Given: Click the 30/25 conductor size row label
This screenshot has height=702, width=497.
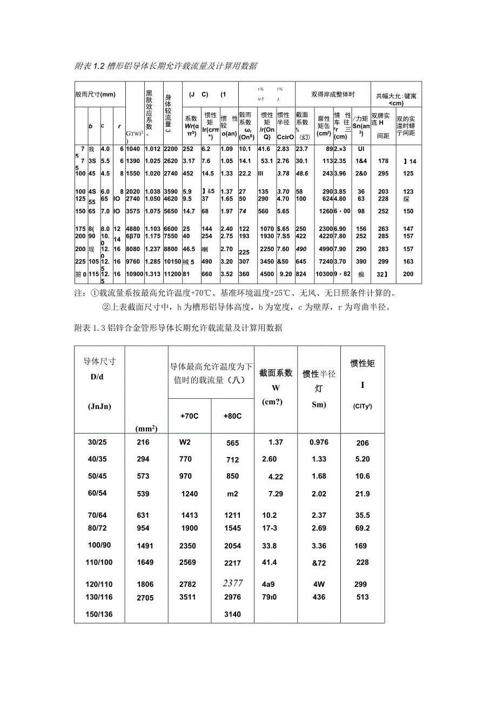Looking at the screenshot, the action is tap(98, 442).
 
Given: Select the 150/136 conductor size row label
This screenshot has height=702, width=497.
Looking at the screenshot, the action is tap(100, 614).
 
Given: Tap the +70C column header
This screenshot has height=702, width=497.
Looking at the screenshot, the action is tap(189, 416).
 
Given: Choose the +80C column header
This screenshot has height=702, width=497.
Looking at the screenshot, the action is tap(232, 416).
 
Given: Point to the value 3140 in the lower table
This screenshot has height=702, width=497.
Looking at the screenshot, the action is tap(232, 614).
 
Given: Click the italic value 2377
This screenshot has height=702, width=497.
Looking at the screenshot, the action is tap(233, 583).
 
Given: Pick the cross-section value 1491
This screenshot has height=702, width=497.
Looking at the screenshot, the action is tap(145, 546).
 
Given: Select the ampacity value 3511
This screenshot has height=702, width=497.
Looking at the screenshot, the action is tap(189, 597).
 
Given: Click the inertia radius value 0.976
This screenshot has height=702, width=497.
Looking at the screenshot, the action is tap(319, 442).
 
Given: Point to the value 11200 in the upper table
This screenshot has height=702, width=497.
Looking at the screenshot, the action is tap(172, 274).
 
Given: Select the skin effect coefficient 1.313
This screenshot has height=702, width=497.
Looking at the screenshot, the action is tap(153, 274).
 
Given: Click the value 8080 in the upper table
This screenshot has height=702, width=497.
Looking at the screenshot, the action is tap(134, 249).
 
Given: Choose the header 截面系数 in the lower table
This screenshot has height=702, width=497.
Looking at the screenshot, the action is tap(276, 373).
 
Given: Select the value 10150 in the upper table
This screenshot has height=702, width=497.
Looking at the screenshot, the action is tap(172, 262).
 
